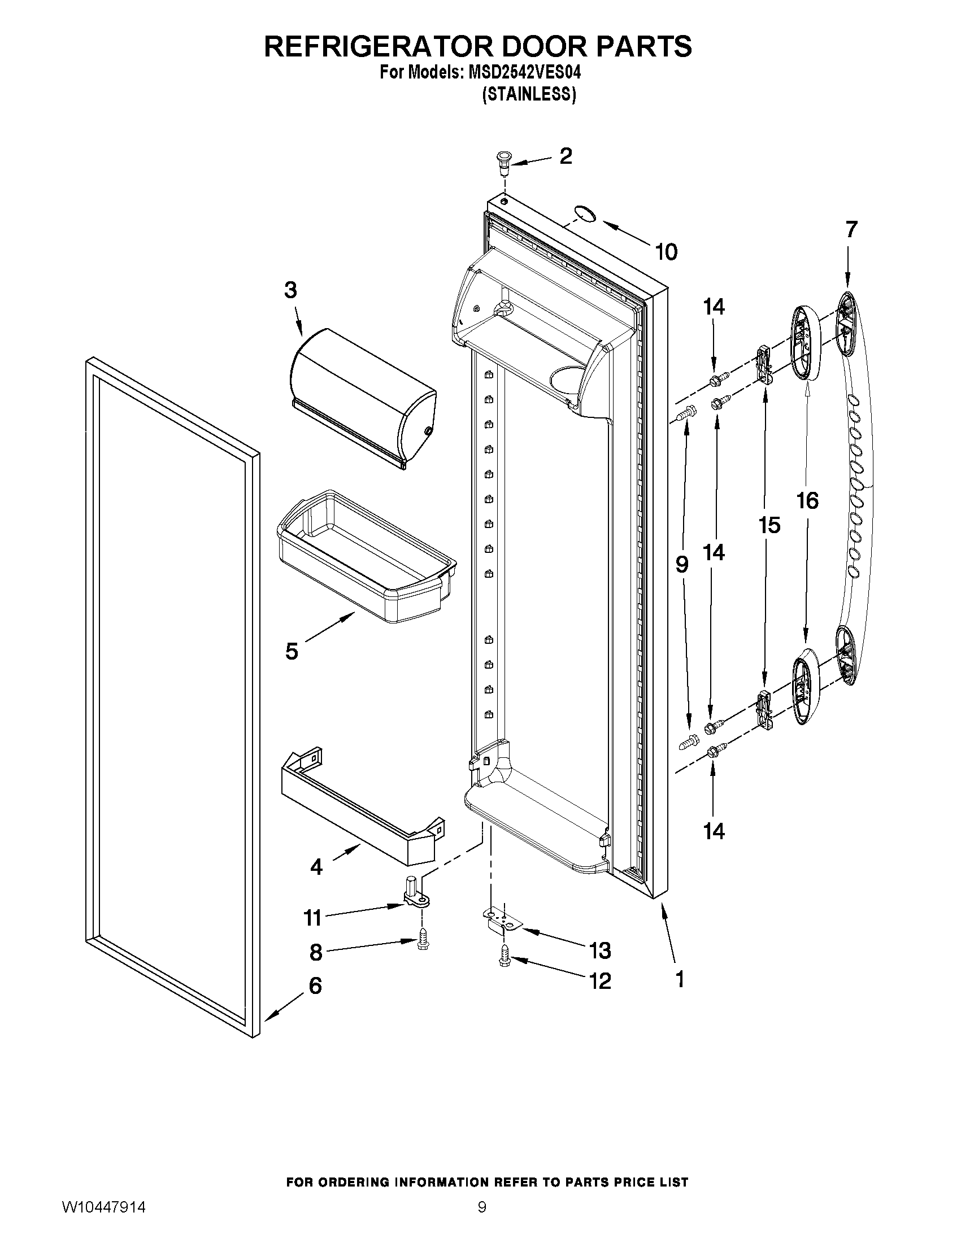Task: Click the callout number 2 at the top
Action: pos(565,156)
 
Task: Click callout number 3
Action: pos(290,290)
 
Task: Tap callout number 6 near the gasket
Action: pos(315,985)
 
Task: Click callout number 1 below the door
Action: pos(679,979)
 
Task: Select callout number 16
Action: pos(807,501)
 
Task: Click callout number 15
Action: pos(768,525)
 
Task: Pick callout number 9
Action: pos(682,564)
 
